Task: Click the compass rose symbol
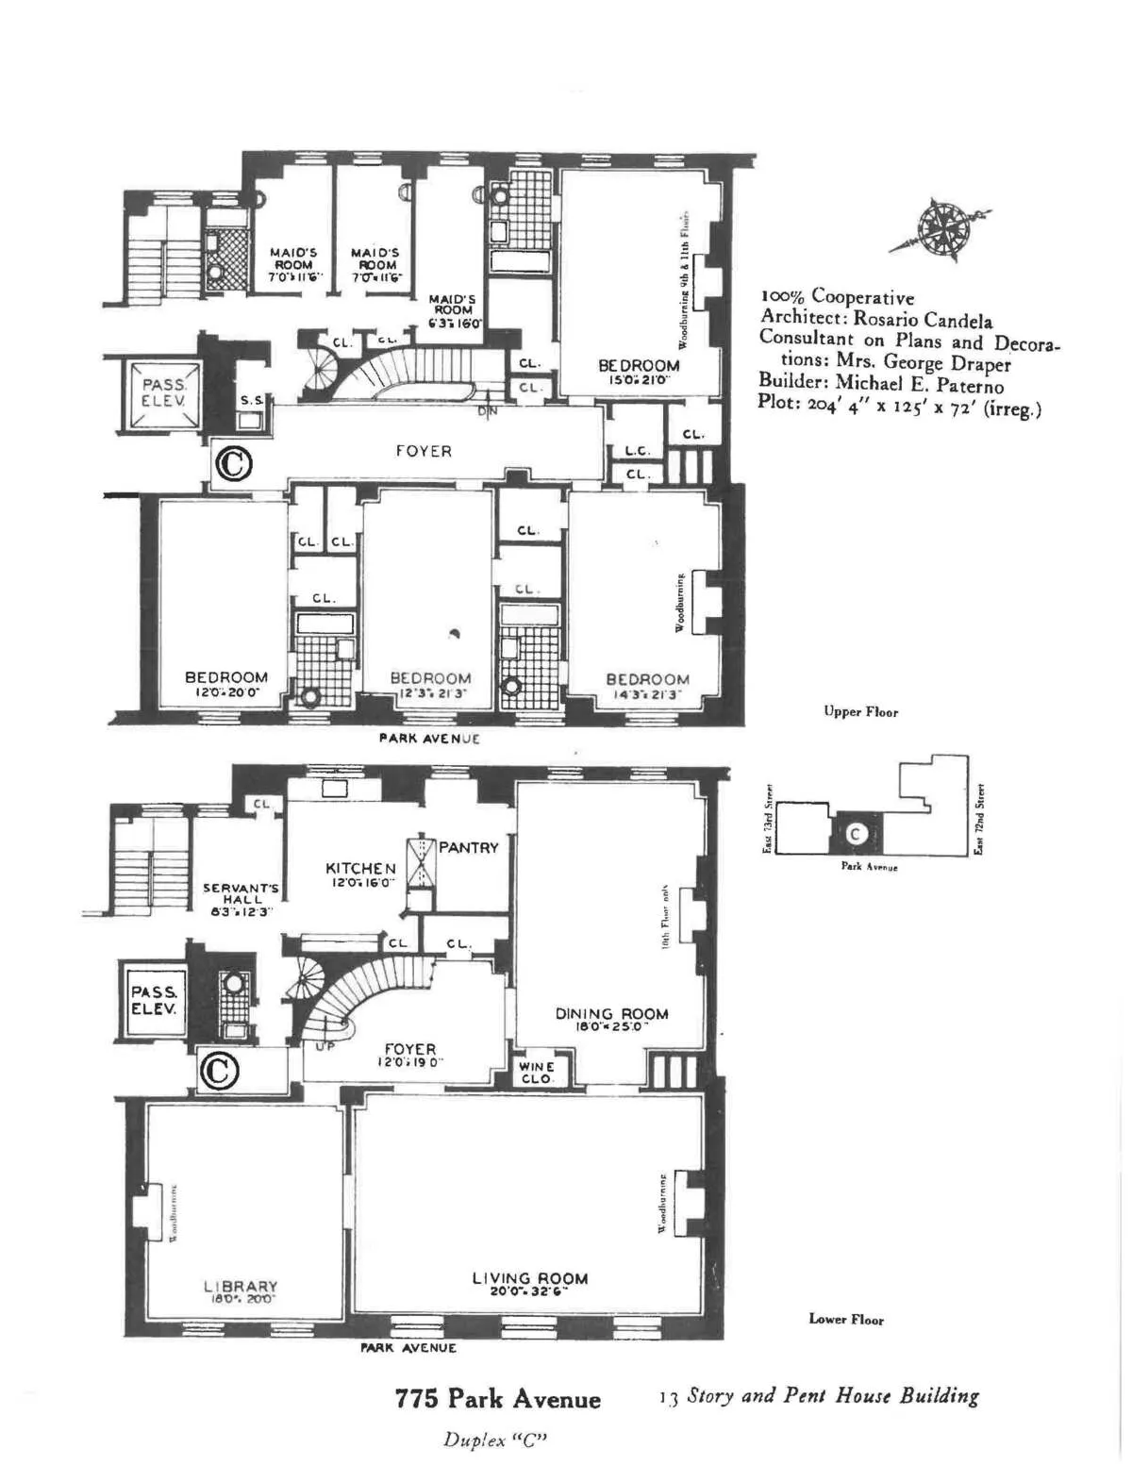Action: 940,227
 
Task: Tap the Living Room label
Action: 530,1279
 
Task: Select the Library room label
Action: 241,1287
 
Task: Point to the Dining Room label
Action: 611,1014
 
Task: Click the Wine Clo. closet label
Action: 537,1072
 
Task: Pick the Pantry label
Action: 468,848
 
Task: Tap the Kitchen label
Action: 360,869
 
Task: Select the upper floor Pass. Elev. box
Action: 164,392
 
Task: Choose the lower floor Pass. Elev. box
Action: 154,1000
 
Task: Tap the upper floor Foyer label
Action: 424,451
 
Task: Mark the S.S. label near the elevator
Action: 251,400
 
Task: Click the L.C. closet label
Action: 639,451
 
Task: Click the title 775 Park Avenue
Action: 497,1398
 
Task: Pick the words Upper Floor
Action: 860,711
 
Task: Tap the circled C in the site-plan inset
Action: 856,834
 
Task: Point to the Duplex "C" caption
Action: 495,1440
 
